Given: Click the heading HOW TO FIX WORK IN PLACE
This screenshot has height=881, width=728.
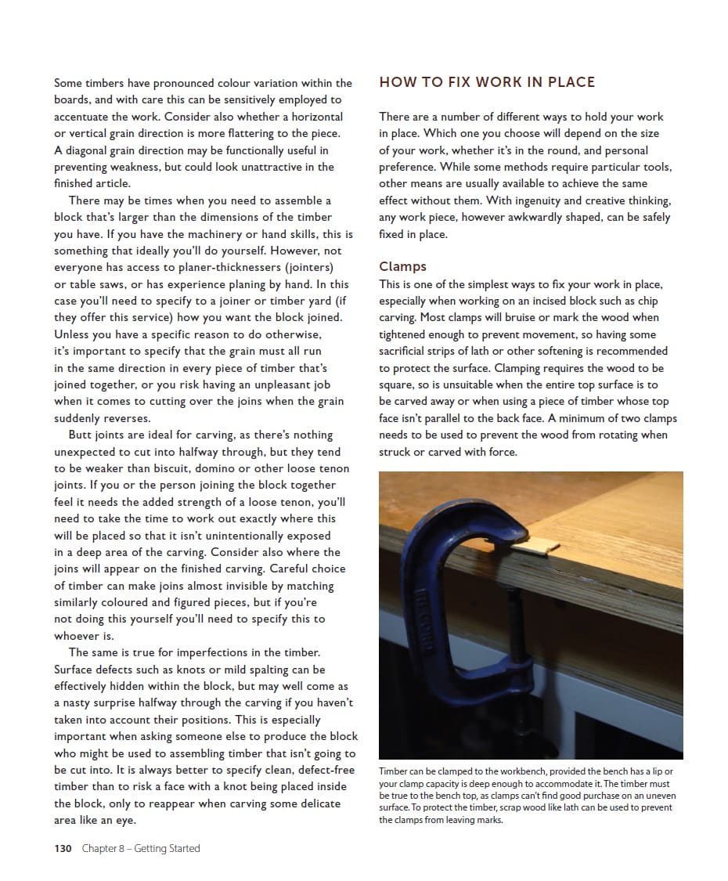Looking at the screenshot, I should [x=487, y=82].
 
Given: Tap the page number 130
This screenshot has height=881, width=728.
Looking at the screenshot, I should [x=63, y=848].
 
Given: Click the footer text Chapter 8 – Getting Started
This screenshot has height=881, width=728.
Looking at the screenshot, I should [x=141, y=848].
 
